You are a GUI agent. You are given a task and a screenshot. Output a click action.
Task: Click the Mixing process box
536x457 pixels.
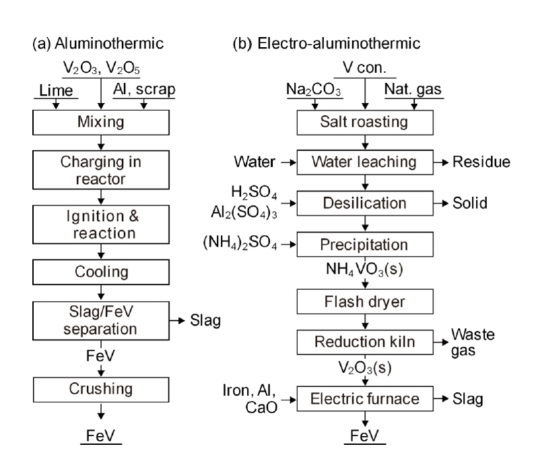pos(100,124)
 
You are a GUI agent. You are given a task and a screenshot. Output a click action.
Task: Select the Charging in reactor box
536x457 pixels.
pos(100,171)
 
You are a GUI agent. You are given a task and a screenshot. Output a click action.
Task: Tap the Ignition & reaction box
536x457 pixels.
pos(100,224)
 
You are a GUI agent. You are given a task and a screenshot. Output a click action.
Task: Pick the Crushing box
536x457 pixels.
pos(100,390)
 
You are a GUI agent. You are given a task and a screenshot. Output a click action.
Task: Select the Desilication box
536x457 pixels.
pos(364,202)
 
